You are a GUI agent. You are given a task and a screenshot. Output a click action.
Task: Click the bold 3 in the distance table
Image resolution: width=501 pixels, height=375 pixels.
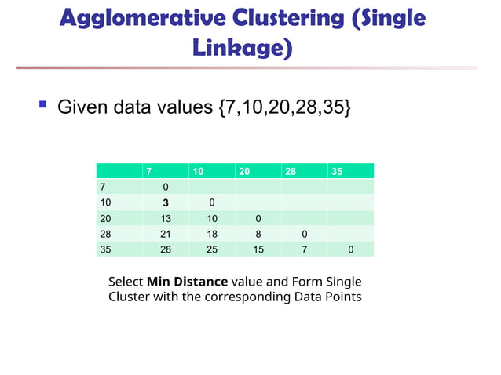(x=166, y=202)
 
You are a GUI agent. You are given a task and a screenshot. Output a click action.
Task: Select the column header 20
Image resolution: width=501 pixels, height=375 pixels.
(x=244, y=172)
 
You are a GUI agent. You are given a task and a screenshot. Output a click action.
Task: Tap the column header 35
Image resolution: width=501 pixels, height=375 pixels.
(x=337, y=172)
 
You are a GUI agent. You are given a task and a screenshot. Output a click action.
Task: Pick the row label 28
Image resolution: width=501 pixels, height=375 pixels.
(x=104, y=234)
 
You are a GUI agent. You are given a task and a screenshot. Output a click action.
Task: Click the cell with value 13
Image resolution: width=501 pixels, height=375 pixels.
(x=166, y=218)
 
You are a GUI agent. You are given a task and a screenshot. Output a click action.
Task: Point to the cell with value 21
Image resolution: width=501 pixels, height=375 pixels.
(x=166, y=234)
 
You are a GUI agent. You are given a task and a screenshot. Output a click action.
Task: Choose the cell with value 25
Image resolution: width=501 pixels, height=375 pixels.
(x=212, y=249)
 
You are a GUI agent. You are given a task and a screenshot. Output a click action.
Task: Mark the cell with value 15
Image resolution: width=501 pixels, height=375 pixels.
(x=258, y=249)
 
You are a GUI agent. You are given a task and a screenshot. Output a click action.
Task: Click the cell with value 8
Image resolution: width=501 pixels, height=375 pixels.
(x=258, y=234)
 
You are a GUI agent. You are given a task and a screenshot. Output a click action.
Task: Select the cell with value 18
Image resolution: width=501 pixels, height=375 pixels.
(x=212, y=234)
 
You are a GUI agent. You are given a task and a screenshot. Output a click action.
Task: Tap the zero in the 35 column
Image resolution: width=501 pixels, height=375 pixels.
(x=350, y=249)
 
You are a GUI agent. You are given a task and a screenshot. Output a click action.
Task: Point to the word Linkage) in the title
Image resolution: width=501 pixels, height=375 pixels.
(x=242, y=49)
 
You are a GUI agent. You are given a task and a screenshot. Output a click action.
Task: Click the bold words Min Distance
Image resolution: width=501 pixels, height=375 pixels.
(x=187, y=281)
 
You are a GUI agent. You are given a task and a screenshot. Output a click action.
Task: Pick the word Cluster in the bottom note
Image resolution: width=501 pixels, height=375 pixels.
(x=131, y=297)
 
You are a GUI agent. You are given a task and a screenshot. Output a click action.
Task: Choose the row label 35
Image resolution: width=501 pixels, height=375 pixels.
(x=104, y=249)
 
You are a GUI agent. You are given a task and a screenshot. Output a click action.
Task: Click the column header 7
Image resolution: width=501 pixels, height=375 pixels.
(x=148, y=172)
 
